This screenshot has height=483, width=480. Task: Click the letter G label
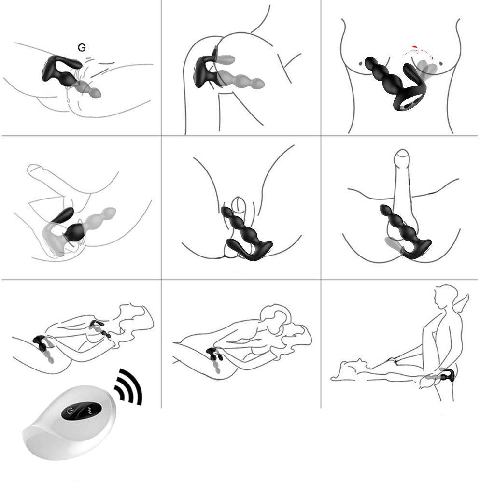point(82,48)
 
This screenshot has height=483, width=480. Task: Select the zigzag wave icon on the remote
point(90,410)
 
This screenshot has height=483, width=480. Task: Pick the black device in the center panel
point(245,234)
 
